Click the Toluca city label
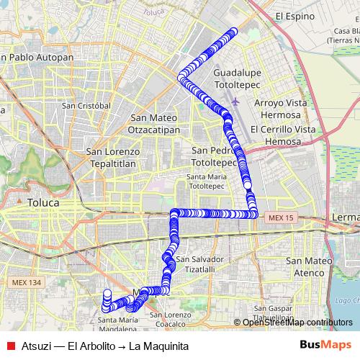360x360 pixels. click(x=43, y=203)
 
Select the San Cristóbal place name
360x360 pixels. click(x=86, y=105)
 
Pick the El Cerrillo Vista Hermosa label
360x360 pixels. click(x=283, y=135)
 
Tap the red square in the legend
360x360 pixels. click(x=10, y=346)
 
